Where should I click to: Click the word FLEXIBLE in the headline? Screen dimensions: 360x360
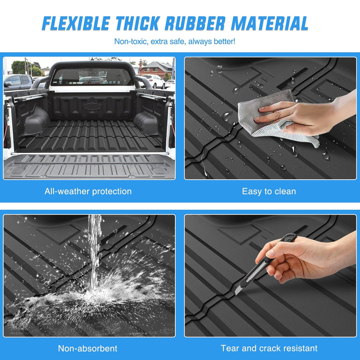(75, 23)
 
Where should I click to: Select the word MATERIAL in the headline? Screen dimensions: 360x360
(270, 23)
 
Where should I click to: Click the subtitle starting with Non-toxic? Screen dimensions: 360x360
(175, 41)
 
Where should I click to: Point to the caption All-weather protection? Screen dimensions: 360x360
(88, 191)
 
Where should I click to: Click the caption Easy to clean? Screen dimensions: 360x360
(269, 191)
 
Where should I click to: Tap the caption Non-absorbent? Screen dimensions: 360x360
(88, 348)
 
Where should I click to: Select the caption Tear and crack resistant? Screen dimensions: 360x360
(269, 348)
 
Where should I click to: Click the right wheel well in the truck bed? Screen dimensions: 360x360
(148, 122)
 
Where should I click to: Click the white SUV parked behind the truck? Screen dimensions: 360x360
(154, 81)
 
